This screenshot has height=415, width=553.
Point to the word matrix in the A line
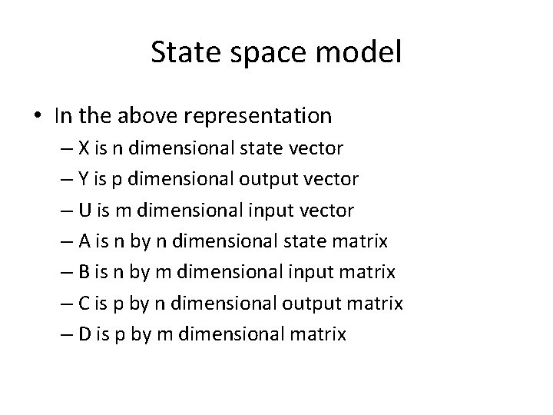click(361, 241)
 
